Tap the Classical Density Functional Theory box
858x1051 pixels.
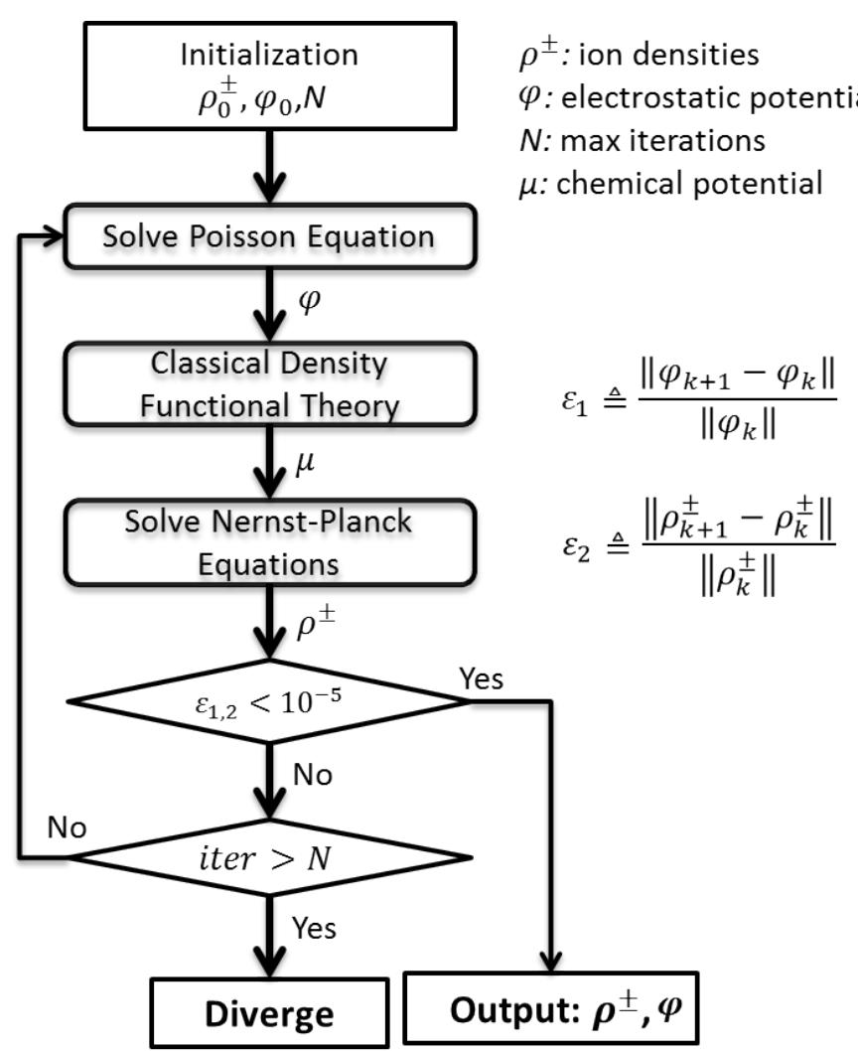click(x=269, y=385)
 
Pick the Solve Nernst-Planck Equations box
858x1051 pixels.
click(x=269, y=543)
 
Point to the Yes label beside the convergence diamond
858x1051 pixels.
click(x=482, y=678)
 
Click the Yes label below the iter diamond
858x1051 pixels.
click(x=314, y=928)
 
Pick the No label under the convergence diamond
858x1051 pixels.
click(x=313, y=775)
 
